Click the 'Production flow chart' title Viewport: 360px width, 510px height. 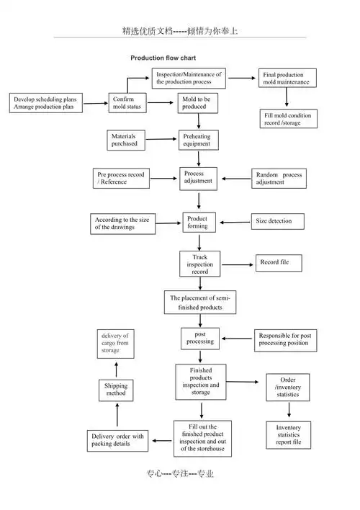(x=163, y=58)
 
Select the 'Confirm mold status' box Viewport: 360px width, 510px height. (x=127, y=103)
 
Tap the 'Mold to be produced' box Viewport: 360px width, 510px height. (x=198, y=103)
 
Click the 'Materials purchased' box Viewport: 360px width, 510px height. (x=126, y=140)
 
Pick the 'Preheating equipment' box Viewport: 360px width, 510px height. (x=199, y=140)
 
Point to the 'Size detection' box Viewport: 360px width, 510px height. (x=278, y=221)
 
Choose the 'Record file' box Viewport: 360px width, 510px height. (x=279, y=263)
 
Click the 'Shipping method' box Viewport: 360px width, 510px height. (x=116, y=390)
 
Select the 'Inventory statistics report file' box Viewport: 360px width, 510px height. (x=289, y=435)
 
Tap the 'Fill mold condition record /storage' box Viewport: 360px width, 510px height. (x=289, y=119)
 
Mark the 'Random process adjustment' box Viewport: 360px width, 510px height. (x=279, y=178)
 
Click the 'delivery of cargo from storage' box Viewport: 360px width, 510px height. (x=115, y=344)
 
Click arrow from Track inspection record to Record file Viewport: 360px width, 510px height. (x=238, y=265)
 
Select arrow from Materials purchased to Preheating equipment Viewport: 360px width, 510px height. (x=161, y=139)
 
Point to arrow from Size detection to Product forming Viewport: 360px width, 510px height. (x=235, y=223)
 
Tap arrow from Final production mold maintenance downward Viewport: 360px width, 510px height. (x=287, y=97)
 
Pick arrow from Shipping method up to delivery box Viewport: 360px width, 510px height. (x=117, y=370)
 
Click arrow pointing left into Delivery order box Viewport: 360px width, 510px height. (x=162, y=441)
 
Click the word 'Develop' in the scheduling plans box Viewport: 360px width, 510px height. (x=24, y=99)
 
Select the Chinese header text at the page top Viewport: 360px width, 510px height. (x=180, y=31)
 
